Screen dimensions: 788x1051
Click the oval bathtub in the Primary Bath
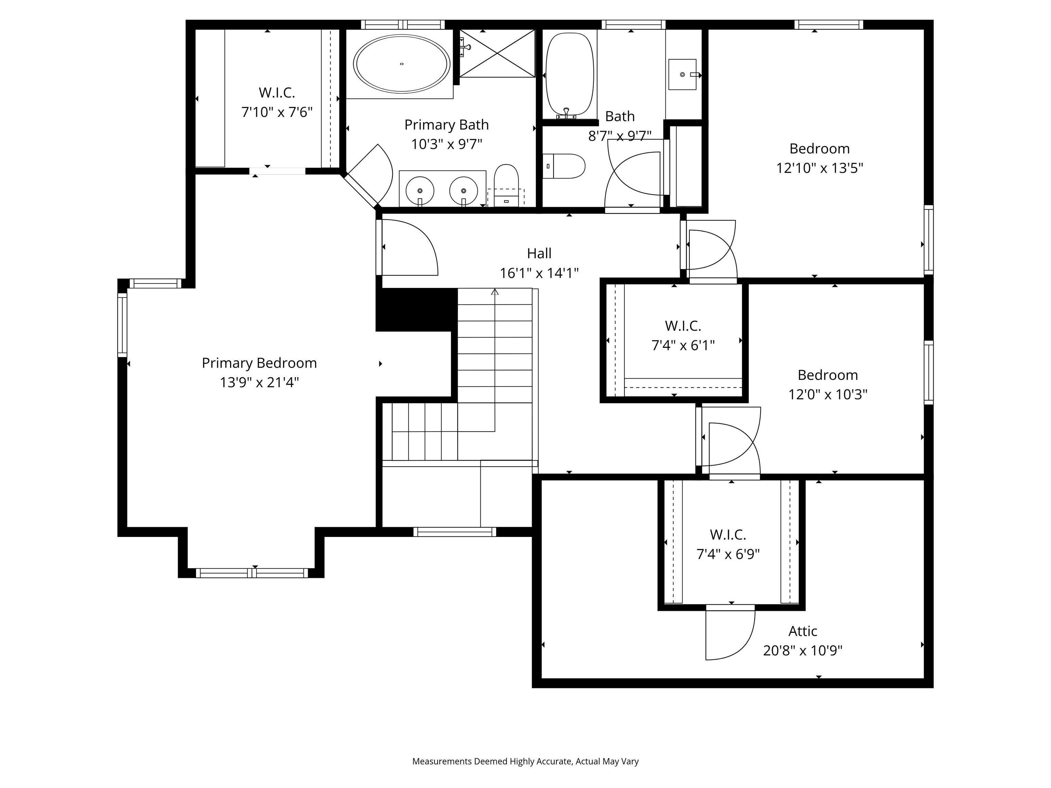pyautogui.click(x=402, y=64)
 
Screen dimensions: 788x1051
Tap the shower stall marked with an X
pyautogui.click(x=497, y=53)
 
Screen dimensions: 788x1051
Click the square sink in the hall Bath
pyautogui.click(x=682, y=75)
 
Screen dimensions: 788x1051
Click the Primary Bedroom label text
pyautogui.click(x=259, y=363)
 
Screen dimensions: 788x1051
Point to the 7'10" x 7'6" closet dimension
pyautogui.click(x=277, y=113)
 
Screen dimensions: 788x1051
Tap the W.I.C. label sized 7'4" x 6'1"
pyautogui.click(x=683, y=326)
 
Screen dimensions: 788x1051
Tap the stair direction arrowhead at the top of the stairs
pyautogui.click(x=495, y=292)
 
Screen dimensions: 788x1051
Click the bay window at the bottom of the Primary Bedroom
pyautogui.click(x=252, y=573)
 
